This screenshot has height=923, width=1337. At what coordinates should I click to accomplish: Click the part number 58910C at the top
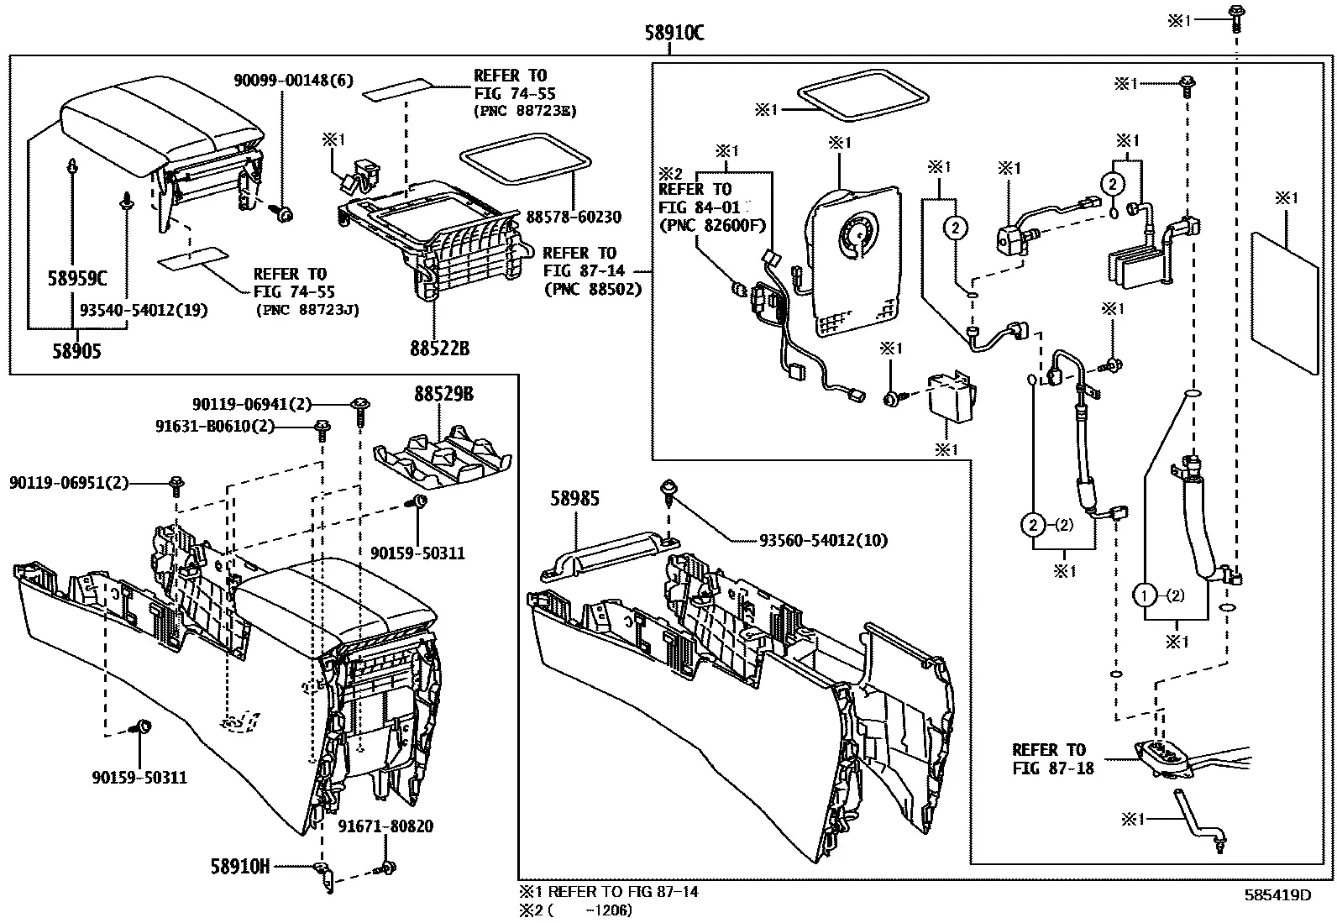click(674, 32)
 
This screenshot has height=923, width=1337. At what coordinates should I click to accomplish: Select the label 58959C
click(77, 278)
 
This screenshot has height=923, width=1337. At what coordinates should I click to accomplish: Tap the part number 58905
click(76, 350)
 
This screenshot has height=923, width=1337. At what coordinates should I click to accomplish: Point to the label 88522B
click(439, 348)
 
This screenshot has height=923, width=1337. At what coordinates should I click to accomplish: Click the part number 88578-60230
click(574, 217)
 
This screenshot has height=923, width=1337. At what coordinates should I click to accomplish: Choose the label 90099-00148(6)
click(294, 80)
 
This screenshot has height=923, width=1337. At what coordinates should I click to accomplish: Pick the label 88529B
click(443, 394)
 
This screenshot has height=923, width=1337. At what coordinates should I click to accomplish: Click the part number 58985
click(574, 498)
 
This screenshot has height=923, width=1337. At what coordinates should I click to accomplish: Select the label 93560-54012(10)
click(823, 540)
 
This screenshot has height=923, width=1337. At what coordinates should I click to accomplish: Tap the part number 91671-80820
click(385, 826)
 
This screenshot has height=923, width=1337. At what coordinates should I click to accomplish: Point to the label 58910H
click(240, 866)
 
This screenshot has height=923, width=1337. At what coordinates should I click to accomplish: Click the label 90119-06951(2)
click(69, 482)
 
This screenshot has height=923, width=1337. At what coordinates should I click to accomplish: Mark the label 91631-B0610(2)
click(215, 427)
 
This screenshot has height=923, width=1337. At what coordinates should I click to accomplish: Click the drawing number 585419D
click(1278, 895)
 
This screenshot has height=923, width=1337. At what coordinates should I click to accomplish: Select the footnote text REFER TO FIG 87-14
click(622, 892)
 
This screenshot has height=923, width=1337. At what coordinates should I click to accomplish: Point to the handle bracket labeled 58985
click(610, 557)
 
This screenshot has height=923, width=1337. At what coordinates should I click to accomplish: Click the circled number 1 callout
click(1144, 595)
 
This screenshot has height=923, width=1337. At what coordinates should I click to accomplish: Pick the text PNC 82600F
click(714, 226)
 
